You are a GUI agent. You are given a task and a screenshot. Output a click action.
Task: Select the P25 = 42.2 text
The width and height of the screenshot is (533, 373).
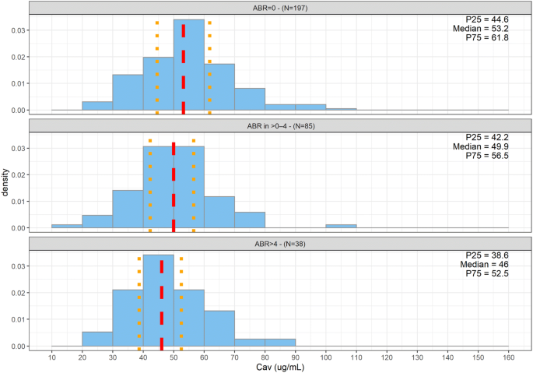[489, 136]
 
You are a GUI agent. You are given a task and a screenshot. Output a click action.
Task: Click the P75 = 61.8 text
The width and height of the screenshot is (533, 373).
[489, 39]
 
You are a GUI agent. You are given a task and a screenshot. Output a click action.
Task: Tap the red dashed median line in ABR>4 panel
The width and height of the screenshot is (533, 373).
[162, 304]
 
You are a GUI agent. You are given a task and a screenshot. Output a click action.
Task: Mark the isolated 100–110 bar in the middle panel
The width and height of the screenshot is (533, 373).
[341, 226]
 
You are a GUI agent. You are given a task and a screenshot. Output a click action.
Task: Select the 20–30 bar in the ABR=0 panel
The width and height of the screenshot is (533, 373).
[97, 106]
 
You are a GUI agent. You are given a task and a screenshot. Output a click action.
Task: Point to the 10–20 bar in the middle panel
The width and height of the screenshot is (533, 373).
[67, 226]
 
